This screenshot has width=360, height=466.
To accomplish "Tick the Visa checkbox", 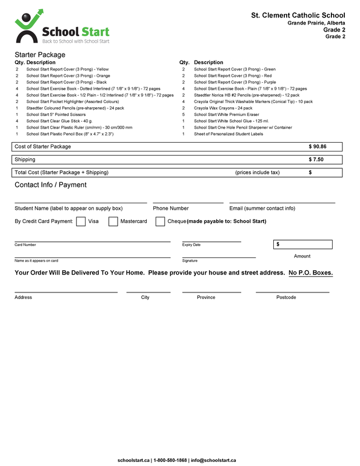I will pyautogui.click(x=81, y=221).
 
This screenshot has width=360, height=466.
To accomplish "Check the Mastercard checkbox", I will pyautogui.click(x=113, y=221).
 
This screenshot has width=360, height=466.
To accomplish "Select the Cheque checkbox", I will pyautogui.click(x=160, y=221).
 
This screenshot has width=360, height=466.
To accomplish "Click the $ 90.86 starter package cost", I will pyautogui.click(x=317, y=147).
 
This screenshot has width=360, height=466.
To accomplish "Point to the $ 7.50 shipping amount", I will pyautogui.click(x=316, y=160).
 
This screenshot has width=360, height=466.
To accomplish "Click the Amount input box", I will pyautogui.click(x=302, y=244).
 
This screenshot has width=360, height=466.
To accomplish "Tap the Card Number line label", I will pyautogui.click(x=25, y=245).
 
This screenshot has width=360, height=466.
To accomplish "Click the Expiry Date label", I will pyautogui.click(x=191, y=245).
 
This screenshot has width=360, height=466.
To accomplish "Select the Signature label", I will pyautogui.click(x=190, y=261).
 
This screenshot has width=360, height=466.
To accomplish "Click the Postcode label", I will pyautogui.click(x=286, y=298).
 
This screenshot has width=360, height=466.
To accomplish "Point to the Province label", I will pyautogui.click(x=206, y=298).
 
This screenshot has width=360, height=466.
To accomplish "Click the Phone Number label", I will pyautogui.click(x=171, y=209).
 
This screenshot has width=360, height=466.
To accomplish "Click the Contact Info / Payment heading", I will pyautogui.click(x=50, y=185).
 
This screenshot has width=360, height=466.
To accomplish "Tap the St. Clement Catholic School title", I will pyautogui.click(x=298, y=15).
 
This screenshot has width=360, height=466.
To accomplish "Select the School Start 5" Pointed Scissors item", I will pyautogui.click(x=56, y=115).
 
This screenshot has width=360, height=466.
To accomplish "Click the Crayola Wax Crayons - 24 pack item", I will pyautogui.click(x=223, y=108).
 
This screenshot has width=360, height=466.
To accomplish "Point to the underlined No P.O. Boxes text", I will pyautogui.click(x=310, y=273).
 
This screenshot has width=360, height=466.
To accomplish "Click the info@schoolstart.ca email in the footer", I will pyautogui.click(x=214, y=460).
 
